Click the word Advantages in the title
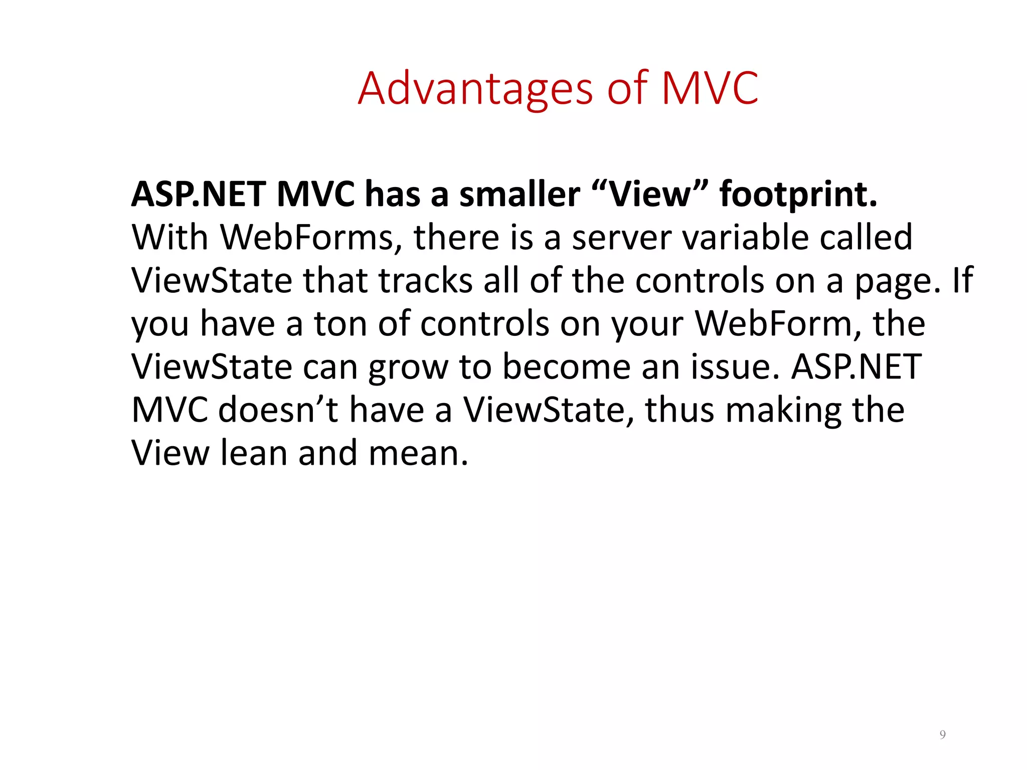[475, 89]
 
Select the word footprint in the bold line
[798, 195]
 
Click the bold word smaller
[520, 195]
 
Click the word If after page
[963, 281]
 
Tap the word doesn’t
[278, 410]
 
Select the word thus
[679, 410]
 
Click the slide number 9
[943, 735]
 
